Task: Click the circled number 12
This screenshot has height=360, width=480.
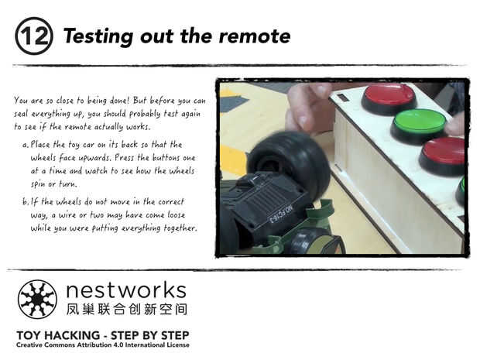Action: tap(34, 36)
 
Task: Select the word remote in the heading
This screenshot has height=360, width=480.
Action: tap(255, 36)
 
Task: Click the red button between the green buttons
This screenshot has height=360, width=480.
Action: tap(443, 156)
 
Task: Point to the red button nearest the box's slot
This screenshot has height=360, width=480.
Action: tap(389, 99)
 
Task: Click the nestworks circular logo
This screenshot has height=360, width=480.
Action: tap(37, 299)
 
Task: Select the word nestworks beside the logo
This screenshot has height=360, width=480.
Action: tap(126, 290)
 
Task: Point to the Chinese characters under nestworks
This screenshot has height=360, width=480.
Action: tap(127, 309)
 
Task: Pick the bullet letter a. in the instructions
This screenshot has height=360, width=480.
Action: tap(26, 145)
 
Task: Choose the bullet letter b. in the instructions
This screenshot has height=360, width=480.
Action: tap(26, 201)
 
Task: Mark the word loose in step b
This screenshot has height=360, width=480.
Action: tap(176, 214)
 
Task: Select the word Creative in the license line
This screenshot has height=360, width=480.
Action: tap(29, 345)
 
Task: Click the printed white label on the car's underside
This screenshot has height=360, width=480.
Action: tap(281, 214)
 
